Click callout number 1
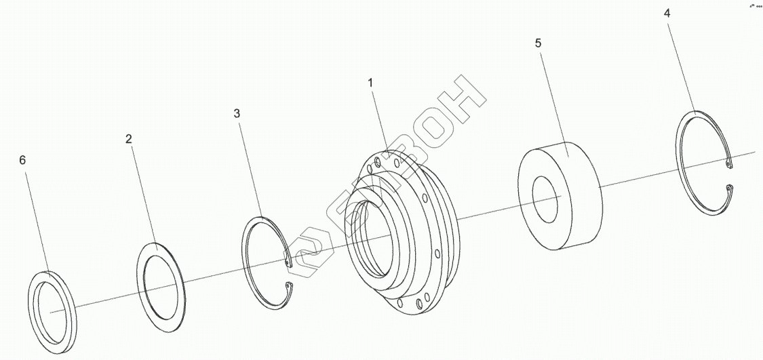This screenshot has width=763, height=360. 370,82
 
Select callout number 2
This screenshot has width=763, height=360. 128,139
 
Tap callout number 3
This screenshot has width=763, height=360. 237,114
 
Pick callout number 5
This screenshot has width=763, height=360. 538,43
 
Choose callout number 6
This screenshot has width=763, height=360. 22,160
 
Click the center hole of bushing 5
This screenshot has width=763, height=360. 546,196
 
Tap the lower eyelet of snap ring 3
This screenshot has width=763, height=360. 288,285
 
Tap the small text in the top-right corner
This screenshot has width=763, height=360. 754,5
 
